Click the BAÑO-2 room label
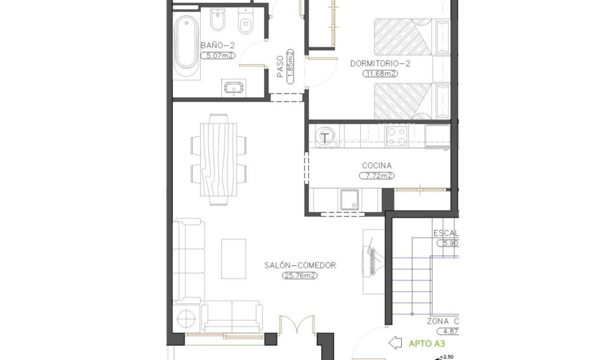[x=218, y=45]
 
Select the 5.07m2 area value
[x=218, y=55]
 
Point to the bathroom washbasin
[x=232, y=87]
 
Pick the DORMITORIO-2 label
[x=380, y=64]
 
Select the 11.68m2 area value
[x=380, y=74]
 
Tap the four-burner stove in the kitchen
[x=396, y=136]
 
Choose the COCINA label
[x=377, y=166]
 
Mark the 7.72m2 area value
[x=377, y=175]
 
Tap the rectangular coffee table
[x=233, y=259]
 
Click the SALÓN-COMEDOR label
[x=300, y=265]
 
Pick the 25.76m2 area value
[x=300, y=276]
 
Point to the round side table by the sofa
[x=187, y=319]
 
